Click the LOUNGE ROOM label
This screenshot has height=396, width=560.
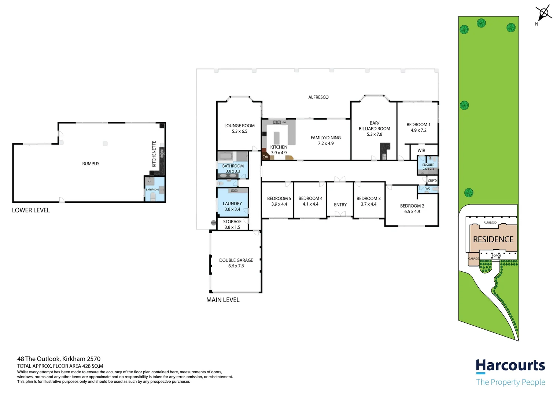click(x=239, y=126)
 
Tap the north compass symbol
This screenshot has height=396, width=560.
click(x=544, y=14)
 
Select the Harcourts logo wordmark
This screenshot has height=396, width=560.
click(x=510, y=366)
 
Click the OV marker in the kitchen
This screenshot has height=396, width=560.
click(x=265, y=157)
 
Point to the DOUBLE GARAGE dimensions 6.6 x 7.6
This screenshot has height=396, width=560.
click(x=236, y=266)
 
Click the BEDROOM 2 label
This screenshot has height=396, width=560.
click(x=412, y=206)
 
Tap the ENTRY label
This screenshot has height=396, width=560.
click(x=340, y=205)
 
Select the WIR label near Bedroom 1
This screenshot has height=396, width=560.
click(x=421, y=151)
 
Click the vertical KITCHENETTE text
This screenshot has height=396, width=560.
click(x=154, y=154)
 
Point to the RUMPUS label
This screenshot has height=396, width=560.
click(x=91, y=164)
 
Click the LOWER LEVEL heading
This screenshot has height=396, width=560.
click(x=31, y=210)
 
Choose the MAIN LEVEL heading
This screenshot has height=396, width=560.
click(x=223, y=300)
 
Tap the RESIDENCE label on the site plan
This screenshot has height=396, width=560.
click(x=493, y=239)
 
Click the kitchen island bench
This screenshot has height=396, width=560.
click(x=277, y=137)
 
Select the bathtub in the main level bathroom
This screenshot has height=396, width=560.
click(x=226, y=157)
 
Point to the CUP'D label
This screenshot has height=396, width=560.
click(x=432, y=181)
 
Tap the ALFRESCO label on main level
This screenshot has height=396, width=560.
click(x=318, y=97)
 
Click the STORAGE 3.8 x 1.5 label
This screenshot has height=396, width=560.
click(x=232, y=224)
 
